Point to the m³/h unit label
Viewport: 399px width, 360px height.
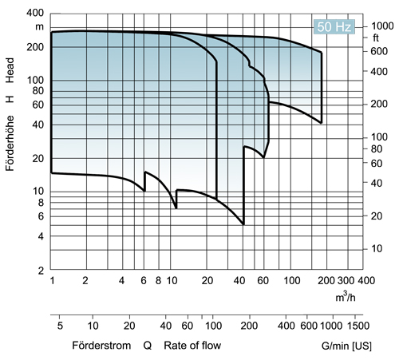346,298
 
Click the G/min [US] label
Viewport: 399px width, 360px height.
344,346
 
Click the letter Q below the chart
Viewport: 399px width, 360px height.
148,346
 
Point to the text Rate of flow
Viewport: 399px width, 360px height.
192,346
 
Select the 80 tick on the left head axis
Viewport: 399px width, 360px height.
37,91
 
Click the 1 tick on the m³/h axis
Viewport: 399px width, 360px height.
51,282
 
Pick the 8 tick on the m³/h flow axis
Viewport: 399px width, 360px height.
158,282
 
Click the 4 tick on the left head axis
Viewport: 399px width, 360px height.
40,236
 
